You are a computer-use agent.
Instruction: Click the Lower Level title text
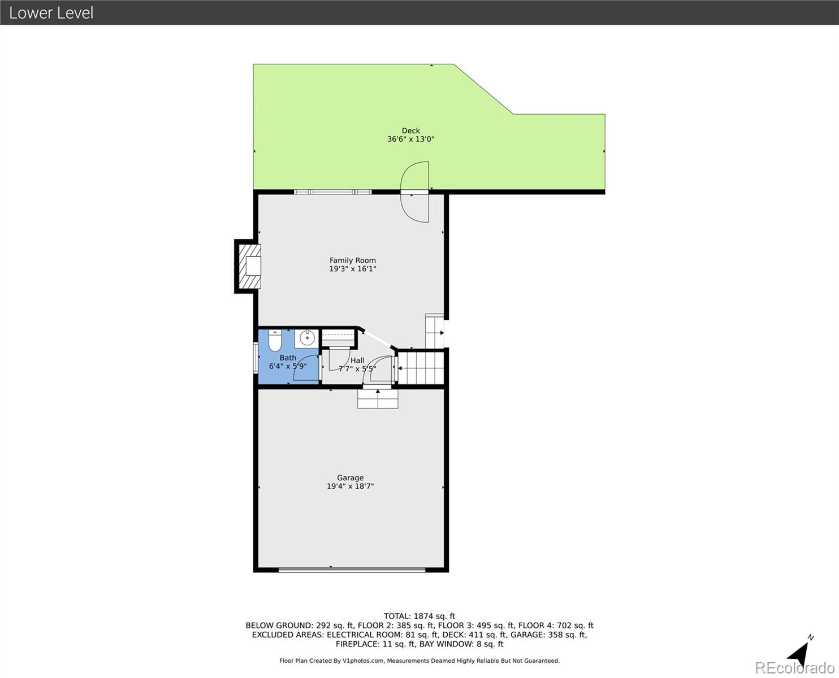tap(51, 12)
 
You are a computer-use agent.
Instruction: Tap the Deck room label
tap(410, 131)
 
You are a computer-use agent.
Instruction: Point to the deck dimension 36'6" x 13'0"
tap(410, 140)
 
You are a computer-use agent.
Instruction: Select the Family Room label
tap(352, 260)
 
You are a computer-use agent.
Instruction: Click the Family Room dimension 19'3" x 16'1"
tap(352, 270)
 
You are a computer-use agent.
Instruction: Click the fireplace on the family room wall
tap(249, 266)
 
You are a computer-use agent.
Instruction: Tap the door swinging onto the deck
tap(416, 192)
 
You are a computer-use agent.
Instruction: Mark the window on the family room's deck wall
tap(332, 192)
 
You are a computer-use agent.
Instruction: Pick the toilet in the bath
tap(275, 341)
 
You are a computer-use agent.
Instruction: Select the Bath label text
tap(288, 358)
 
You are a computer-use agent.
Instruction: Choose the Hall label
tap(357, 360)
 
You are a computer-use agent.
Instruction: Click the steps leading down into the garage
tap(378, 399)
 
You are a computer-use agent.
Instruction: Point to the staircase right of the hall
tap(421, 367)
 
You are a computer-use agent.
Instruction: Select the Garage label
tap(350, 477)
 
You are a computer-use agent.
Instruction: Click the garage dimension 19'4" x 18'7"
tap(350, 486)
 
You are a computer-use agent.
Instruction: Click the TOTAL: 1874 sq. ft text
tap(419, 616)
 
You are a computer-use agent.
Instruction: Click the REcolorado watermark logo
tap(794, 668)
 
